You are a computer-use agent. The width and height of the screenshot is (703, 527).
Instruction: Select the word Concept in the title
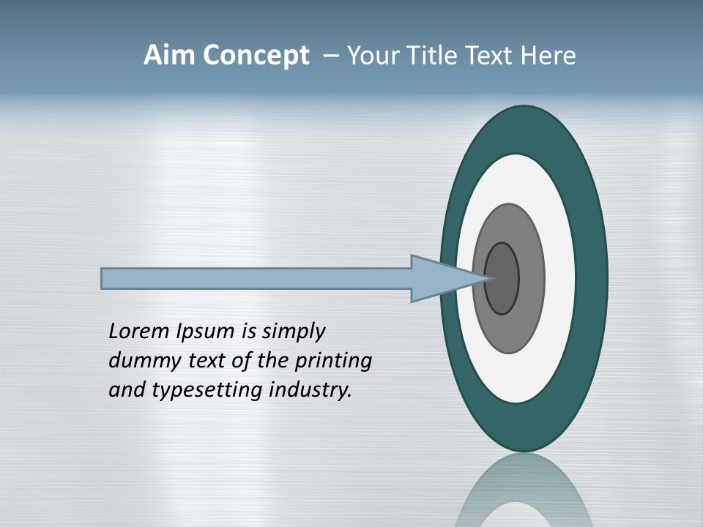click(256, 56)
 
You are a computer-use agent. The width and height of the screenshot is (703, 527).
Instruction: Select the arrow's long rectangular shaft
click(256, 278)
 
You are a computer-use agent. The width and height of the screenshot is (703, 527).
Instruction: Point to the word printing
click(333, 362)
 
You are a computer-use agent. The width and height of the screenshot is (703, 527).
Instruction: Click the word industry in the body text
click(310, 390)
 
